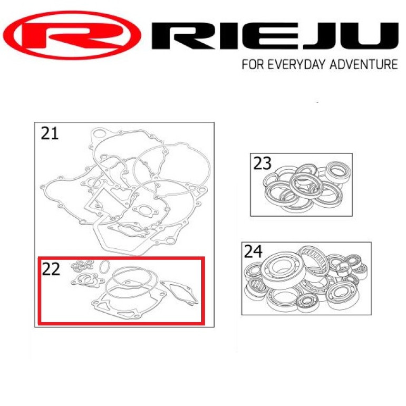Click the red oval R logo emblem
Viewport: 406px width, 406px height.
point(72,35)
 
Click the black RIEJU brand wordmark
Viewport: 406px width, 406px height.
point(275,36)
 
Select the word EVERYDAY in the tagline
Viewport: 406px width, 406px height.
point(297,64)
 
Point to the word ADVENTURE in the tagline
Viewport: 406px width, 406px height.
point(364,64)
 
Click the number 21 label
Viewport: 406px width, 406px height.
point(50,133)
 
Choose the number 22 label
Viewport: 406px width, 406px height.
point(51,269)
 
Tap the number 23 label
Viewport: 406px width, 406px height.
point(262,163)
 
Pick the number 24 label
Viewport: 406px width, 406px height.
point(253,252)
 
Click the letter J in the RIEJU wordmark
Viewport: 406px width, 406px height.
point(325,36)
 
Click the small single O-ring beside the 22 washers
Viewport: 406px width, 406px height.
point(104,267)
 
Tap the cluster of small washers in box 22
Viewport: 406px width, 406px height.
point(82,266)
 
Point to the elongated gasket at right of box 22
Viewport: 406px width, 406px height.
point(179,293)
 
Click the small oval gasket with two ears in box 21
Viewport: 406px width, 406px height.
point(145,210)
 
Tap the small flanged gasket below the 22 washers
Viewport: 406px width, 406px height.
point(87,281)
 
